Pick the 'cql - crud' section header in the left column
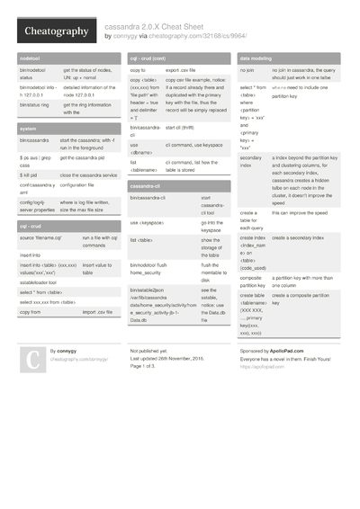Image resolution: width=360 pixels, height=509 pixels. tap(34, 227)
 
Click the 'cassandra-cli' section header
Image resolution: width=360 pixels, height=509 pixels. tap(146, 185)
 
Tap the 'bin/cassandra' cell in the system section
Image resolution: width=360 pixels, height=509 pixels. tap(34, 141)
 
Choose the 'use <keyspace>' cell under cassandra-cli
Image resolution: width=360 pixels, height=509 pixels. tap(147, 221)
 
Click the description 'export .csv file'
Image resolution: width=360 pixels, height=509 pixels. tap(185, 69)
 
